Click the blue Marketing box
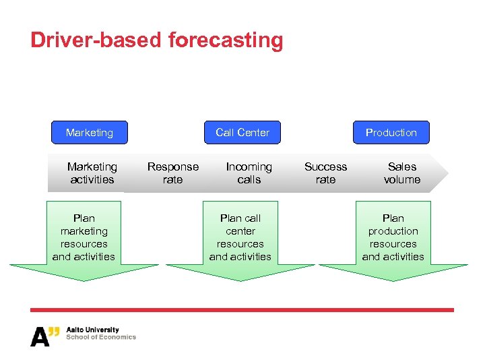pyautogui.click(x=90, y=133)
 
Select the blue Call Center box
pyautogui.click(x=243, y=133)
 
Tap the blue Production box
pyautogui.click(x=391, y=133)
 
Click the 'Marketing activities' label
pyautogui.click(x=92, y=173)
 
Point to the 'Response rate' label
pyautogui.click(x=173, y=173)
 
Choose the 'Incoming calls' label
pyautogui.click(x=249, y=173)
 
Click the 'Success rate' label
pyautogui.click(x=326, y=173)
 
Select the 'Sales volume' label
pyautogui.click(x=402, y=173)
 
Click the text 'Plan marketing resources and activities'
pyautogui.click(x=84, y=237)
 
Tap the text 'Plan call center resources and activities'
pyautogui.click(x=240, y=237)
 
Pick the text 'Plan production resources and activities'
pyautogui.click(x=393, y=237)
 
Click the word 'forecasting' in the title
pyautogui.click(x=226, y=40)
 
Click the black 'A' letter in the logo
pyautogui.click(x=39, y=336)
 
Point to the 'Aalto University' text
pyautogui.click(x=92, y=330)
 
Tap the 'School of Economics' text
pyautogui.click(x=101, y=337)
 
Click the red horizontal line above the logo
pyautogui.click(x=243, y=310)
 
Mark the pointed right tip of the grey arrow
pyautogui.click(x=447, y=173)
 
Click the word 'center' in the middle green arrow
pyautogui.click(x=240, y=231)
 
